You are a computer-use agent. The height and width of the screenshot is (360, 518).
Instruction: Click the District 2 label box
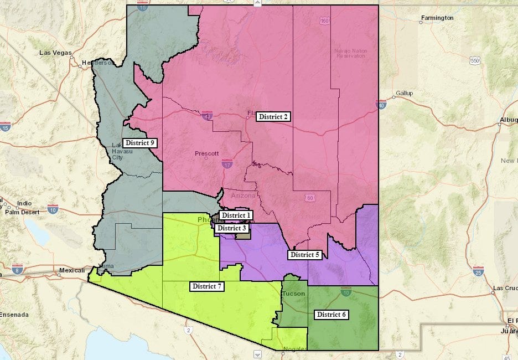[x=273, y=116]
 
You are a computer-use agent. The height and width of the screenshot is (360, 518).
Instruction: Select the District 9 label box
[x=140, y=143]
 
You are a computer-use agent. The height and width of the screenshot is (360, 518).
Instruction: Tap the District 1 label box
[x=237, y=215]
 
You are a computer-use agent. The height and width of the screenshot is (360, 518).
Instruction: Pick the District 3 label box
[x=231, y=228]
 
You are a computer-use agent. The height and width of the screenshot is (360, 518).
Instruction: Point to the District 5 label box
[x=304, y=255]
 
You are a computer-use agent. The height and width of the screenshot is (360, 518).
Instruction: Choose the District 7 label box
[x=207, y=286]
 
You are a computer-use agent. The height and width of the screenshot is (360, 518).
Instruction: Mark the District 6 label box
[x=331, y=315]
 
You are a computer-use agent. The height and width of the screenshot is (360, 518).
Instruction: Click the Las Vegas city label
[x=55, y=53]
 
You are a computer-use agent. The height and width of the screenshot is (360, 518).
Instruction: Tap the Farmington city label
[x=437, y=18]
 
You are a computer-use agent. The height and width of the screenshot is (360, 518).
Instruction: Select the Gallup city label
[x=404, y=93]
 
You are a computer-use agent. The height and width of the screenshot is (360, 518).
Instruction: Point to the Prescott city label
[x=206, y=153]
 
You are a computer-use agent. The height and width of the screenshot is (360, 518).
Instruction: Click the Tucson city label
[x=293, y=294]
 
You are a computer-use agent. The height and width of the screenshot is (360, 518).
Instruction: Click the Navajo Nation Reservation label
[x=350, y=53]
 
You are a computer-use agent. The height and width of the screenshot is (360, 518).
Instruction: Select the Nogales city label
[x=294, y=348]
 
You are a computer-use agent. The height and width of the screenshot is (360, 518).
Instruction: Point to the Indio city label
[x=25, y=203]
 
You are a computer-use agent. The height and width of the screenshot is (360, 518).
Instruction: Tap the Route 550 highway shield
[x=474, y=60]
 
